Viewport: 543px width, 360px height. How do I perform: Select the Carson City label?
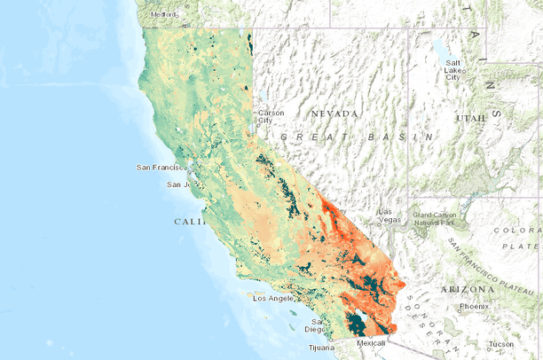pos(271,116)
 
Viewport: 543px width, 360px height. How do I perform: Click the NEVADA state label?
pos(334,113)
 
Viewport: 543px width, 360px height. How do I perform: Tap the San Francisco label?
pos(163,167)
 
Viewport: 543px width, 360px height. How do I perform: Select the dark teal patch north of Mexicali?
pos(356,324)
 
